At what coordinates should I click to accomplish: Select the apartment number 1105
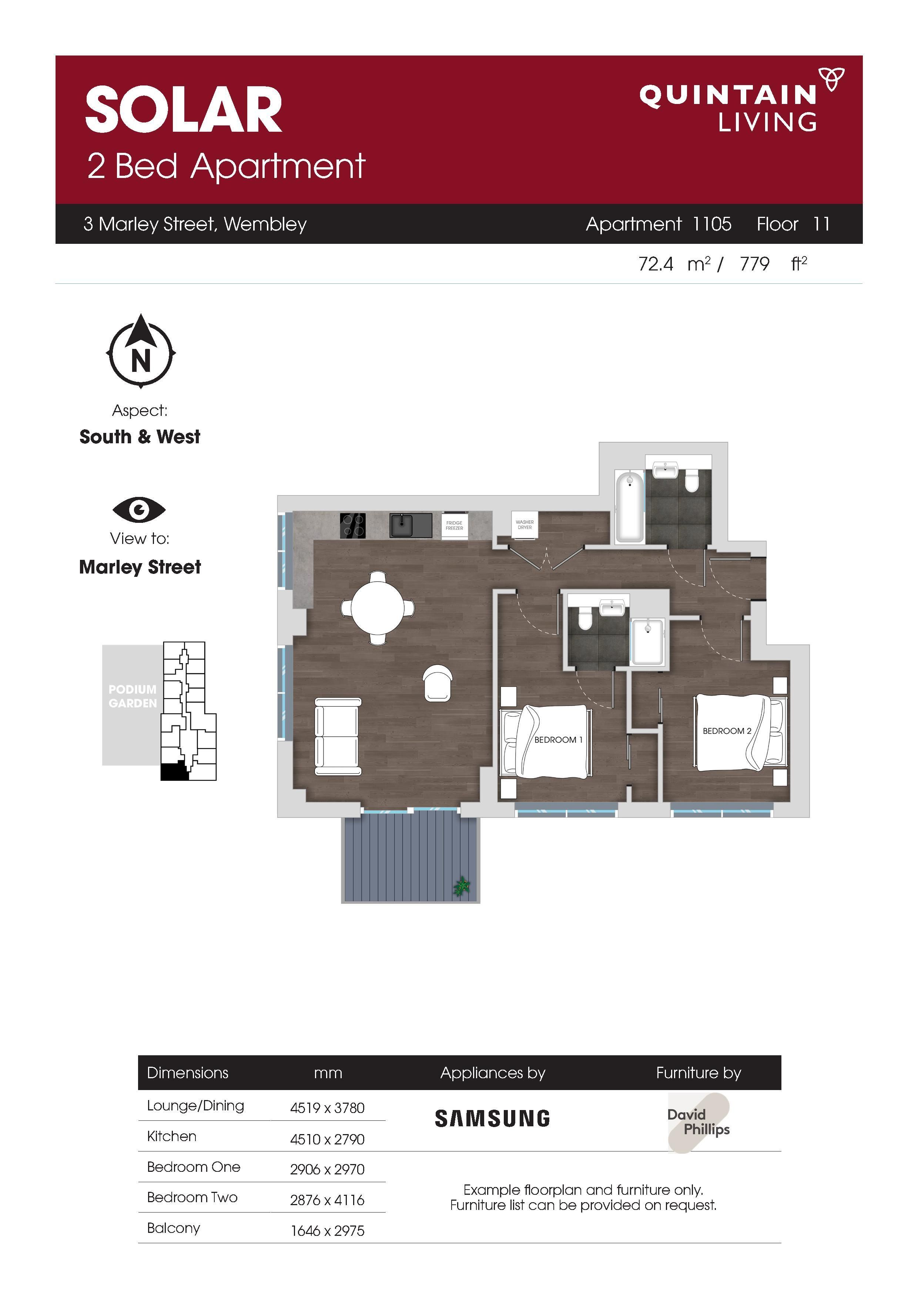[712, 225]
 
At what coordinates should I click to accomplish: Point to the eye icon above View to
[139, 510]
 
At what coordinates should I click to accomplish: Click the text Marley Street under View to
[140, 567]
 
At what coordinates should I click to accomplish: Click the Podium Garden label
[133, 696]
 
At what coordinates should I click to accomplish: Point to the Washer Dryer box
[524, 525]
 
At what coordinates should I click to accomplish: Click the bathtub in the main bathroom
[629, 507]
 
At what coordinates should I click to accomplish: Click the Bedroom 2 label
[727, 731]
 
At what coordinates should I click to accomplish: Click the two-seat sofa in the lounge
[338, 737]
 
